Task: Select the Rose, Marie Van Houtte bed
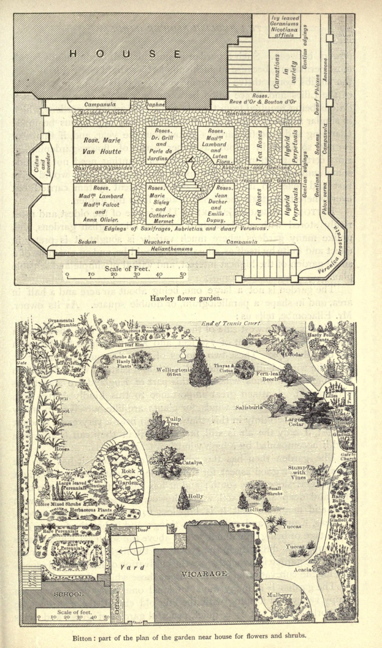102,146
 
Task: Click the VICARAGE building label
204,574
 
